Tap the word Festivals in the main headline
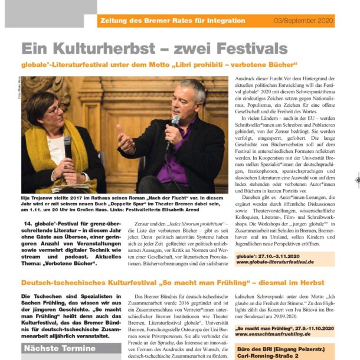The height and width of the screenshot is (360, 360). point(245,48)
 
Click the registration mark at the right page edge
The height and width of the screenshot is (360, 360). point(356,179)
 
